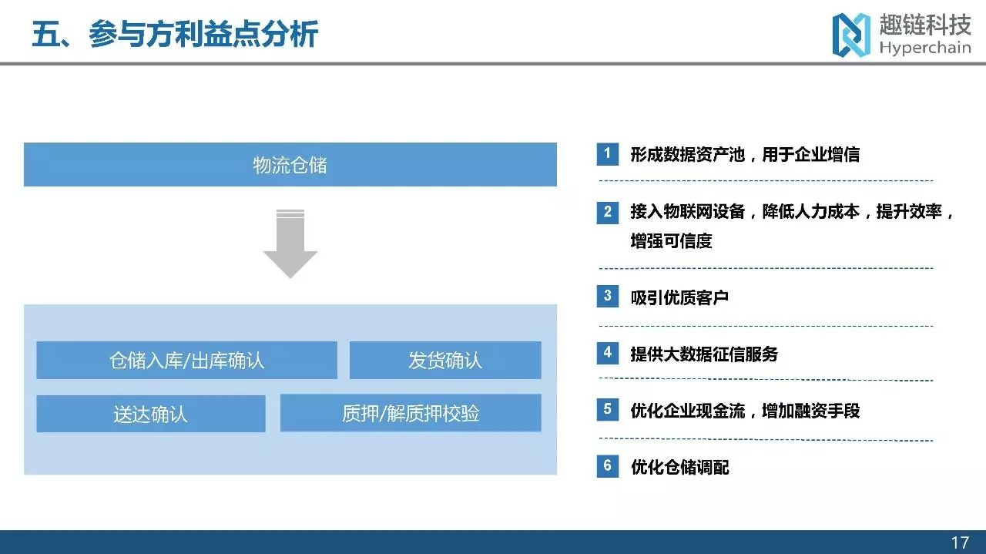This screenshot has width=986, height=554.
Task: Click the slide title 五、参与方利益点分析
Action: [175, 34]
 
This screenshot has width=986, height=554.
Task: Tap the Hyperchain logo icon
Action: [851, 35]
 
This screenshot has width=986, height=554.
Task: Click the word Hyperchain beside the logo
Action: [925, 47]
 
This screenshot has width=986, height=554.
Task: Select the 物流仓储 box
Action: [290, 164]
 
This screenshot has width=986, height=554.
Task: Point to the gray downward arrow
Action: [290, 243]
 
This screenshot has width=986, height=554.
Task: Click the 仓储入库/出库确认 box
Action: [186, 361]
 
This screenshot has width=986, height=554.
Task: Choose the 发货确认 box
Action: [445, 361]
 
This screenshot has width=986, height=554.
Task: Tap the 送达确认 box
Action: [150, 414]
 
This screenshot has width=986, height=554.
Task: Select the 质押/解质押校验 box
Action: [411, 413]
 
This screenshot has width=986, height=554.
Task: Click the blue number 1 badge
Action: [608, 154]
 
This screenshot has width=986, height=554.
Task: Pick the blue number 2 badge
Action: [608, 212]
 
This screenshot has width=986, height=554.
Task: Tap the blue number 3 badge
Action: [608, 296]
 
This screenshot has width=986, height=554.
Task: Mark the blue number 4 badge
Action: [608, 353]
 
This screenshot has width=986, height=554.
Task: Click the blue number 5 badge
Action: [608, 410]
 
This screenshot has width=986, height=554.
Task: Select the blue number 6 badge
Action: [608, 466]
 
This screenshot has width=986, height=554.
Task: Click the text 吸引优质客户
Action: [679, 297]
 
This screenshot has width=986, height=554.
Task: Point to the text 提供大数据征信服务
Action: [704, 354]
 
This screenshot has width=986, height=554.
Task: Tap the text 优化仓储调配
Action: [679, 467]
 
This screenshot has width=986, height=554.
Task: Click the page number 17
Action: [960, 542]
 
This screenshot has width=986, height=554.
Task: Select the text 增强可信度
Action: [671, 241]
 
